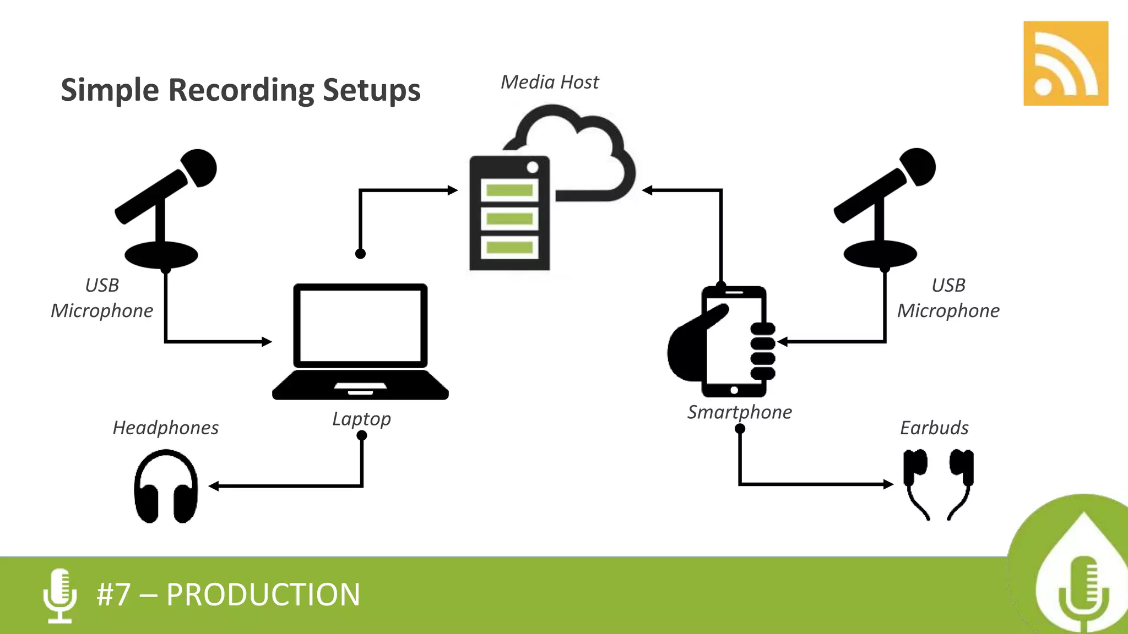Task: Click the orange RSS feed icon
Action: click(x=1065, y=63)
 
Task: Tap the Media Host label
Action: click(x=549, y=82)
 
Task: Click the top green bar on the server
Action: click(x=509, y=190)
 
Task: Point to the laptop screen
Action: click(x=360, y=326)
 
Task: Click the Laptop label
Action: click(x=361, y=419)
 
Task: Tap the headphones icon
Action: click(x=166, y=487)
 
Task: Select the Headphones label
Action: click(x=165, y=428)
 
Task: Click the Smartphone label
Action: click(x=739, y=412)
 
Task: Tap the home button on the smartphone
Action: click(x=734, y=390)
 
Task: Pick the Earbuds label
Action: click(x=934, y=428)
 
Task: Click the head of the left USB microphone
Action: click(x=199, y=167)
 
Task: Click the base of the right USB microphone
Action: click(x=880, y=254)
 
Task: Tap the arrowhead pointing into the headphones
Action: click(x=214, y=486)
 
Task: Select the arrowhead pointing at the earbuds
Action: click(x=888, y=484)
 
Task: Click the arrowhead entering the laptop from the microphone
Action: click(x=267, y=342)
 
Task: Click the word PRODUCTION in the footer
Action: click(x=263, y=595)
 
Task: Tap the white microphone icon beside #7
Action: click(x=60, y=595)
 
